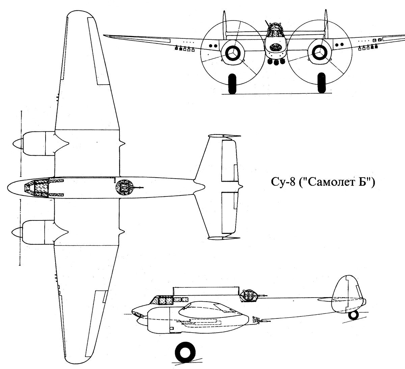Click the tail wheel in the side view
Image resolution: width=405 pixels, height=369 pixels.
[354, 315]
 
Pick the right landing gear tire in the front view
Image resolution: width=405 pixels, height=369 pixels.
[322, 83]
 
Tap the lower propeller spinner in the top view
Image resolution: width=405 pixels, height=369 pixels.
[17, 232]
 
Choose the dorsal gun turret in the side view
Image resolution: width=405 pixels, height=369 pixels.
[249, 296]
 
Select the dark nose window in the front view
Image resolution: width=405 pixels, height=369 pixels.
[276, 47]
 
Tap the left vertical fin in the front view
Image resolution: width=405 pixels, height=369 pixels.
[224, 25]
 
